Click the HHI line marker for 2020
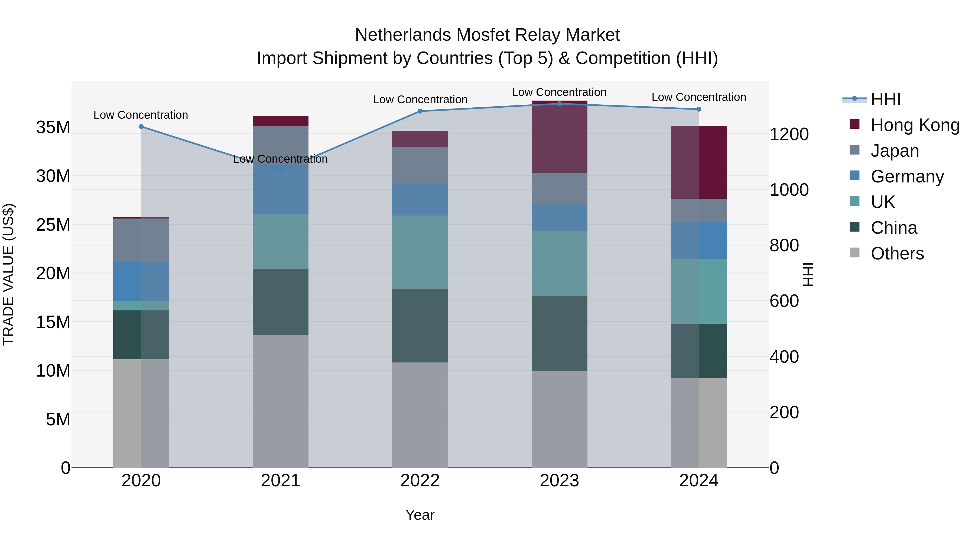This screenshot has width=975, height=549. (x=141, y=127)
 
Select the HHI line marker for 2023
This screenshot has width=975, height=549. (x=560, y=104)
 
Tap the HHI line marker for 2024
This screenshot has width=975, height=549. (x=699, y=109)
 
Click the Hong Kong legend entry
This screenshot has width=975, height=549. (x=915, y=125)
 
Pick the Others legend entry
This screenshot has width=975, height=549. (x=897, y=253)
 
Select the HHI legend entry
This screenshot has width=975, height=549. (x=885, y=99)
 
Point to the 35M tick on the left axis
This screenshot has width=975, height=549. (x=53, y=127)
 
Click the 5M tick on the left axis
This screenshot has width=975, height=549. (x=58, y=419)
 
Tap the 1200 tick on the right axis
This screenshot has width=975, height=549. (x=789, y=134)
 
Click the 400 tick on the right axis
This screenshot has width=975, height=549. (x=784, y=357)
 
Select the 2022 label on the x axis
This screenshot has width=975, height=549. (x=420, y=481)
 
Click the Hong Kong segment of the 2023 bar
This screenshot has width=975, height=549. (x=560, y=137)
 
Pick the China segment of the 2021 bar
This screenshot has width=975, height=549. (x=281, y=302)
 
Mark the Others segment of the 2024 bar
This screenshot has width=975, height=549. (x=699, y=422)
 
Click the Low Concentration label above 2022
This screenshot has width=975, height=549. (x=420, y=100)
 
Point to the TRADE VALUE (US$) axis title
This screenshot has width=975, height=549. (x=8, y=274)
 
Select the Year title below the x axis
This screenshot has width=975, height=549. (x=420, y=515)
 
